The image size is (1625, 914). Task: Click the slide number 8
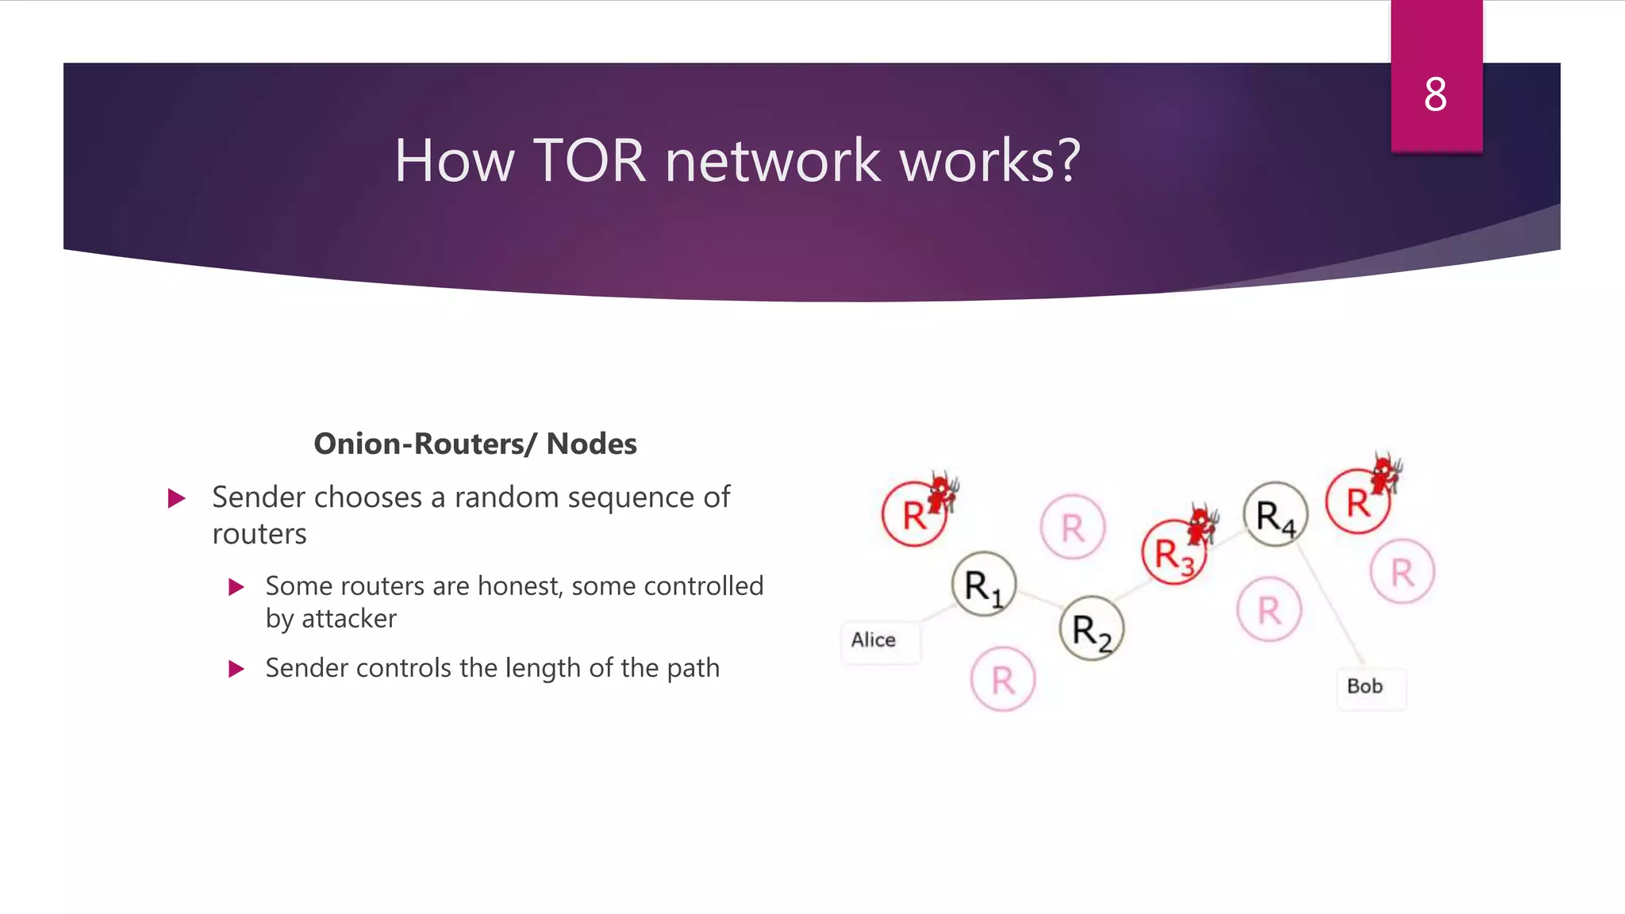point(1435,94)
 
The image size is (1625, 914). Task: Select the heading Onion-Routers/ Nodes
point(474,444)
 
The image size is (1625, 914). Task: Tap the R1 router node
point(984,585)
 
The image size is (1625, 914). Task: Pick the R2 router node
point(1092,629)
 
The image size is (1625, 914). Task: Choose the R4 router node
point(1275,515)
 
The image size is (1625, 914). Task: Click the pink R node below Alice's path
point(1003,680)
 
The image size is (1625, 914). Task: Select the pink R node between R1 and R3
point(1072,527)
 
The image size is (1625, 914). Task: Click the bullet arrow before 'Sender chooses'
point(177,499)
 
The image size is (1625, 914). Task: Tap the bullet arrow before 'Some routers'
point(236,587)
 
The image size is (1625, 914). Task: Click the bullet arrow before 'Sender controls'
point(236,669)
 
